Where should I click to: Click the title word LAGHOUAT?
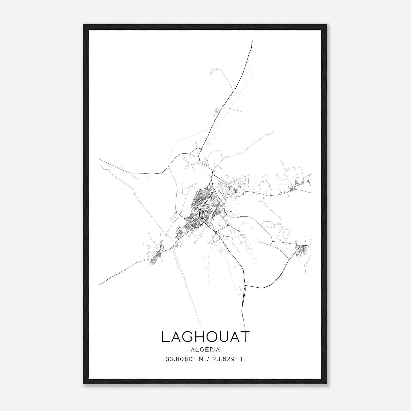(205, 337)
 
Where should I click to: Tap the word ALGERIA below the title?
(205, 350)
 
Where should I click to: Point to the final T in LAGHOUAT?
(245, 337)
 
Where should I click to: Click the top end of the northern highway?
(252, 41)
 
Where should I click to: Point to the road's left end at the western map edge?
(100, 160)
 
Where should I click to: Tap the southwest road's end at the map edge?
(100, 284)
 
